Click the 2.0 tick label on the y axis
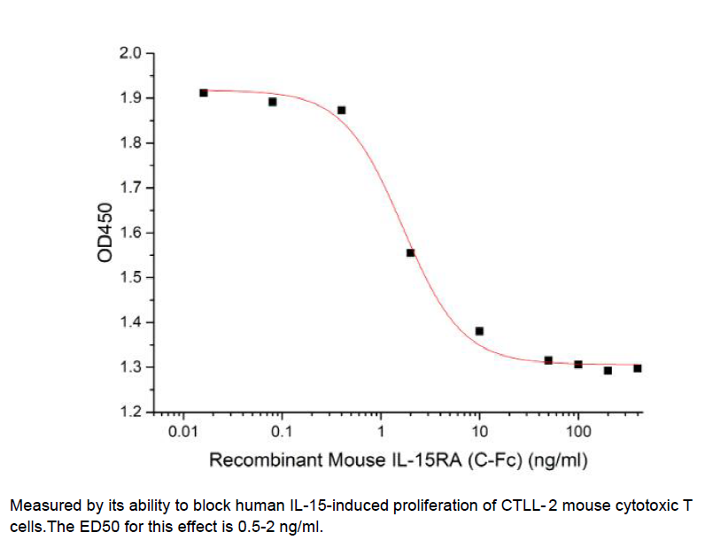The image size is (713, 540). pos(130,54)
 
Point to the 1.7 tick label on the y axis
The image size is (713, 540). pos(130,189)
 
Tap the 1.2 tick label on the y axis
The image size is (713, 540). pos(130,413)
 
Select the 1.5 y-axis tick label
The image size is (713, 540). pos(130,278)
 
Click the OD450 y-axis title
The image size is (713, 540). pos(106,233)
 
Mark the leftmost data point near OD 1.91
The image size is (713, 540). pos(204,93)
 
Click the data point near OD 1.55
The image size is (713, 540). pos(411,253)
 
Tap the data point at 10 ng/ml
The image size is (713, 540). pos(479,331)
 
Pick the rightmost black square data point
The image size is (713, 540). pos(638,368)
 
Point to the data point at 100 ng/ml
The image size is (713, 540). pos(578,365)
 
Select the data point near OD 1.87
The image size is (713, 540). pos(342,111)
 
